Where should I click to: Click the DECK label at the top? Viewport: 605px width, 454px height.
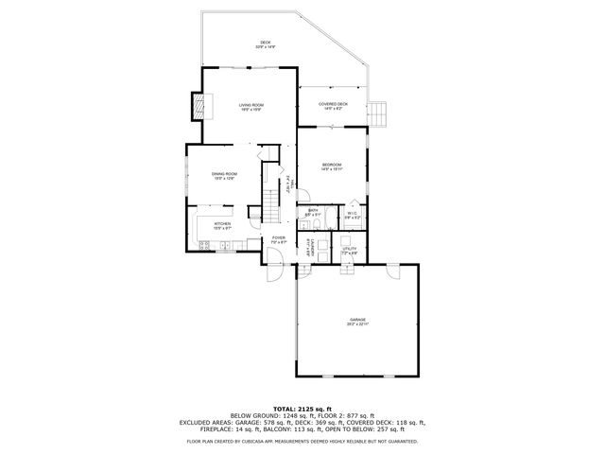coord(266,44)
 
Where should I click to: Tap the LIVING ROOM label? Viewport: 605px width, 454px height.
coord(251,106)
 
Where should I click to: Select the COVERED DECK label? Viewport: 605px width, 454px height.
coord(333,105)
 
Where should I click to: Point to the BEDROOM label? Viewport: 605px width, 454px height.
coord(331,166)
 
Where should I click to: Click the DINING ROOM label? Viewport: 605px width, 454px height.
coord(224,175)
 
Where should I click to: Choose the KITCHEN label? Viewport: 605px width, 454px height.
coord(222,225)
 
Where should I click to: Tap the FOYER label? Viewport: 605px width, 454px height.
coord(279,239)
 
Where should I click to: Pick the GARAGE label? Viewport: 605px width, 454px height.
coord(357,321)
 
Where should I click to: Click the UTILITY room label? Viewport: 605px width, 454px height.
coord(348,250)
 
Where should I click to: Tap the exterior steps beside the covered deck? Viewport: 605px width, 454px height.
coord(380,113)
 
